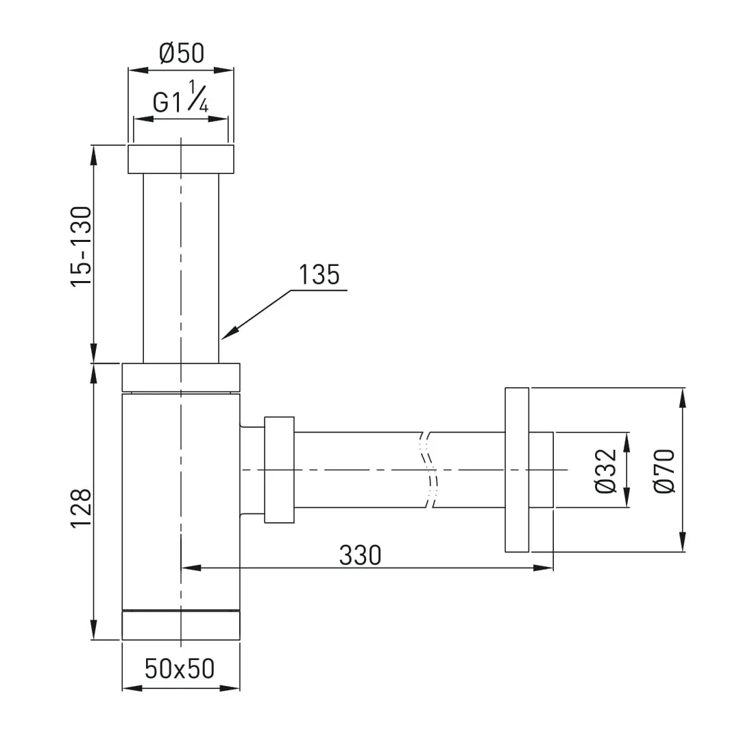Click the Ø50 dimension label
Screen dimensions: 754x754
pyautogui.click(x=181, y=53)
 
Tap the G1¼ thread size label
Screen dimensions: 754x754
pyautogui.click(x=181, y=97)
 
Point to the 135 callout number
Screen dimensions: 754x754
pyautogui.click(x=319, y=275)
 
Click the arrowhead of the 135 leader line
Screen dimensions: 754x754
pyautogui.click(x=229, y=333)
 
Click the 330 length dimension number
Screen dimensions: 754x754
pyautogui.click(x=360, y=555)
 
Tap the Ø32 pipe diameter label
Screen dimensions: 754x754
pyautogui.click(x=605, y=471)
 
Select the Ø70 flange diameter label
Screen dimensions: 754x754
pyautogui.click(x=665, y=471)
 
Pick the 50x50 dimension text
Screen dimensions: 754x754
pyautogui.click(x=180, y=668)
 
